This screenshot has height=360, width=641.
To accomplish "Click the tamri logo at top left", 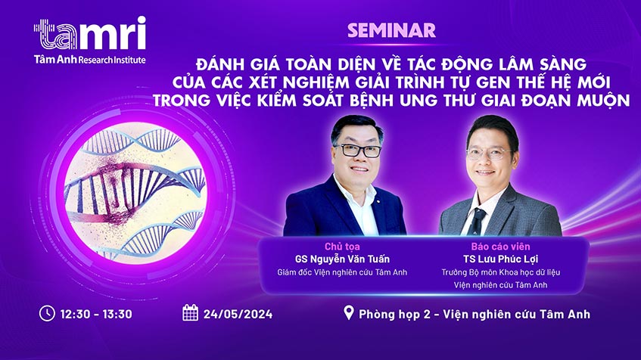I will click(89, 33).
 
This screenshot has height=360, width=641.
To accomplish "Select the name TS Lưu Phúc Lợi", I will click(500, 259).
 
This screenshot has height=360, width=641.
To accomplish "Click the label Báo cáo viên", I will click(500, 247).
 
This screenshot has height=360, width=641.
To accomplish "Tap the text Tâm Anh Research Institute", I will click(89, 59).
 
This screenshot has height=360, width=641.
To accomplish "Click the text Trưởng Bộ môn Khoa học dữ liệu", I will click(500, 272).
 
